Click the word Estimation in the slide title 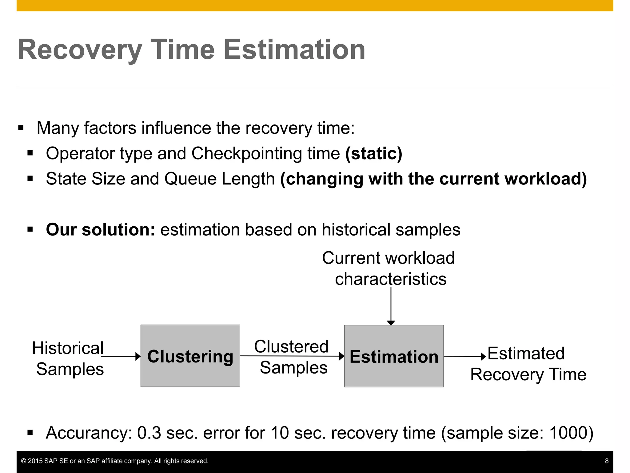(x=294, y=50)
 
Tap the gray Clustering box (x=190, y=356)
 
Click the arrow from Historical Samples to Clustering (x=121, y=356)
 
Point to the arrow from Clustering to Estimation (x=292, y=356)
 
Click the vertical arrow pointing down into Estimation (x=391, y=306)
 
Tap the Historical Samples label (x=68, y=358)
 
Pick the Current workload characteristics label (x=389, y=268)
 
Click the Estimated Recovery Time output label (x=528, y=364)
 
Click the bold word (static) (x=373, y=154)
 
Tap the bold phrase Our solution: (x=100, y=230)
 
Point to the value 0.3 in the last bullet (x=149, y=433)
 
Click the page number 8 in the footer (x=607, y=461)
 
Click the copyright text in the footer (x=114, y=461)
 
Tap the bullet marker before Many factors (x=21, y=128)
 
